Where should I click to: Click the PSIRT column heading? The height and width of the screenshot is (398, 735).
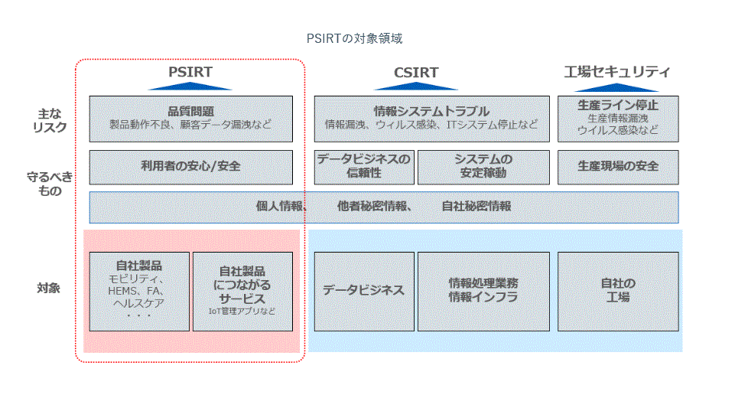coord(190,72)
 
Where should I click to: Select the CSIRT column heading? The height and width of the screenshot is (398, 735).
coord(416,73)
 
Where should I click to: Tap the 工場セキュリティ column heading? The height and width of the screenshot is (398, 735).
coord(617,72)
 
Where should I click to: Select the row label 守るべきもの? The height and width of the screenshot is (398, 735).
coord(50,184)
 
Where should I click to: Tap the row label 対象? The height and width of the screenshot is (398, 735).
coord(49,289)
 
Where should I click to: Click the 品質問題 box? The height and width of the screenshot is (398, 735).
coord(190,118)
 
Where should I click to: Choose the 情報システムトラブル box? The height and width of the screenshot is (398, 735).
coord(431,118)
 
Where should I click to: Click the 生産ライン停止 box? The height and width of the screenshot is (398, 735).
coord(618,118)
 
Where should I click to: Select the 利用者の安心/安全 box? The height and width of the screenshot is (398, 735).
coord(190,167)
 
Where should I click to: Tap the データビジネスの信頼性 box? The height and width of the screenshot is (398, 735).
coord(364,167)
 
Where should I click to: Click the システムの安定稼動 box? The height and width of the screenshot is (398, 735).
coord(483,167)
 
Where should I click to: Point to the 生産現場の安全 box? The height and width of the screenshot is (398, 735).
coord(618,167)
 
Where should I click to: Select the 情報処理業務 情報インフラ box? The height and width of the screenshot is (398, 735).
coord(483,291)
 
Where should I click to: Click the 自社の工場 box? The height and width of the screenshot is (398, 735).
coord(618,291)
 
